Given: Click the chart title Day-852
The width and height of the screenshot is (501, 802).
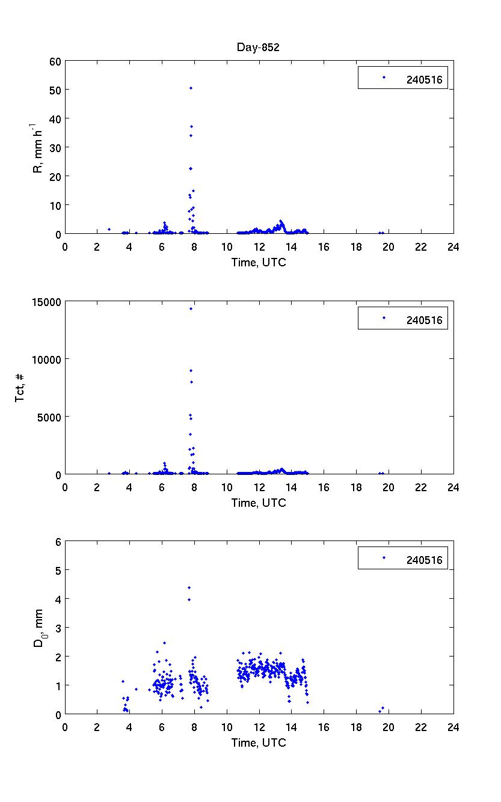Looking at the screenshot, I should (x=258, y=48).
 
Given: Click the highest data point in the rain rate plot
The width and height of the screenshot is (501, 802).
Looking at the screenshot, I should (x=191, y=88).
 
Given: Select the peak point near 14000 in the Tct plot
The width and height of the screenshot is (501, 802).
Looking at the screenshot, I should (x=191, y=308).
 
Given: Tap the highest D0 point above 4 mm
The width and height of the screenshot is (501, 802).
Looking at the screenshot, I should (x=189, y=587).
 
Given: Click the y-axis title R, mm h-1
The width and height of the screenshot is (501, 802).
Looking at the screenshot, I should (x=38, y=147).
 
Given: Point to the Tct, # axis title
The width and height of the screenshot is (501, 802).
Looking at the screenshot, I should (x=20, y=387).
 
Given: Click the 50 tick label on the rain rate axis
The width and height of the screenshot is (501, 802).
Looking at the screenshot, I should (x=54, y=90).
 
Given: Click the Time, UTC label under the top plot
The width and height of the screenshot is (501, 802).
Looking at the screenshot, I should (x=259, y=262).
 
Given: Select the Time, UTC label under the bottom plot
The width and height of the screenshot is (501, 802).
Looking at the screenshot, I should (x=259, y=742).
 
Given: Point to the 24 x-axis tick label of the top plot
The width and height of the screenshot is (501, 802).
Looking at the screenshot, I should (x=453, y=246).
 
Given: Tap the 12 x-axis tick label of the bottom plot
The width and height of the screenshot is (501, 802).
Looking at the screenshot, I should (x=259, y=727).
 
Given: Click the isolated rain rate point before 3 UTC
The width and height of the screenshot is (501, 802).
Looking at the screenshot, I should (x=109, y=229).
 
